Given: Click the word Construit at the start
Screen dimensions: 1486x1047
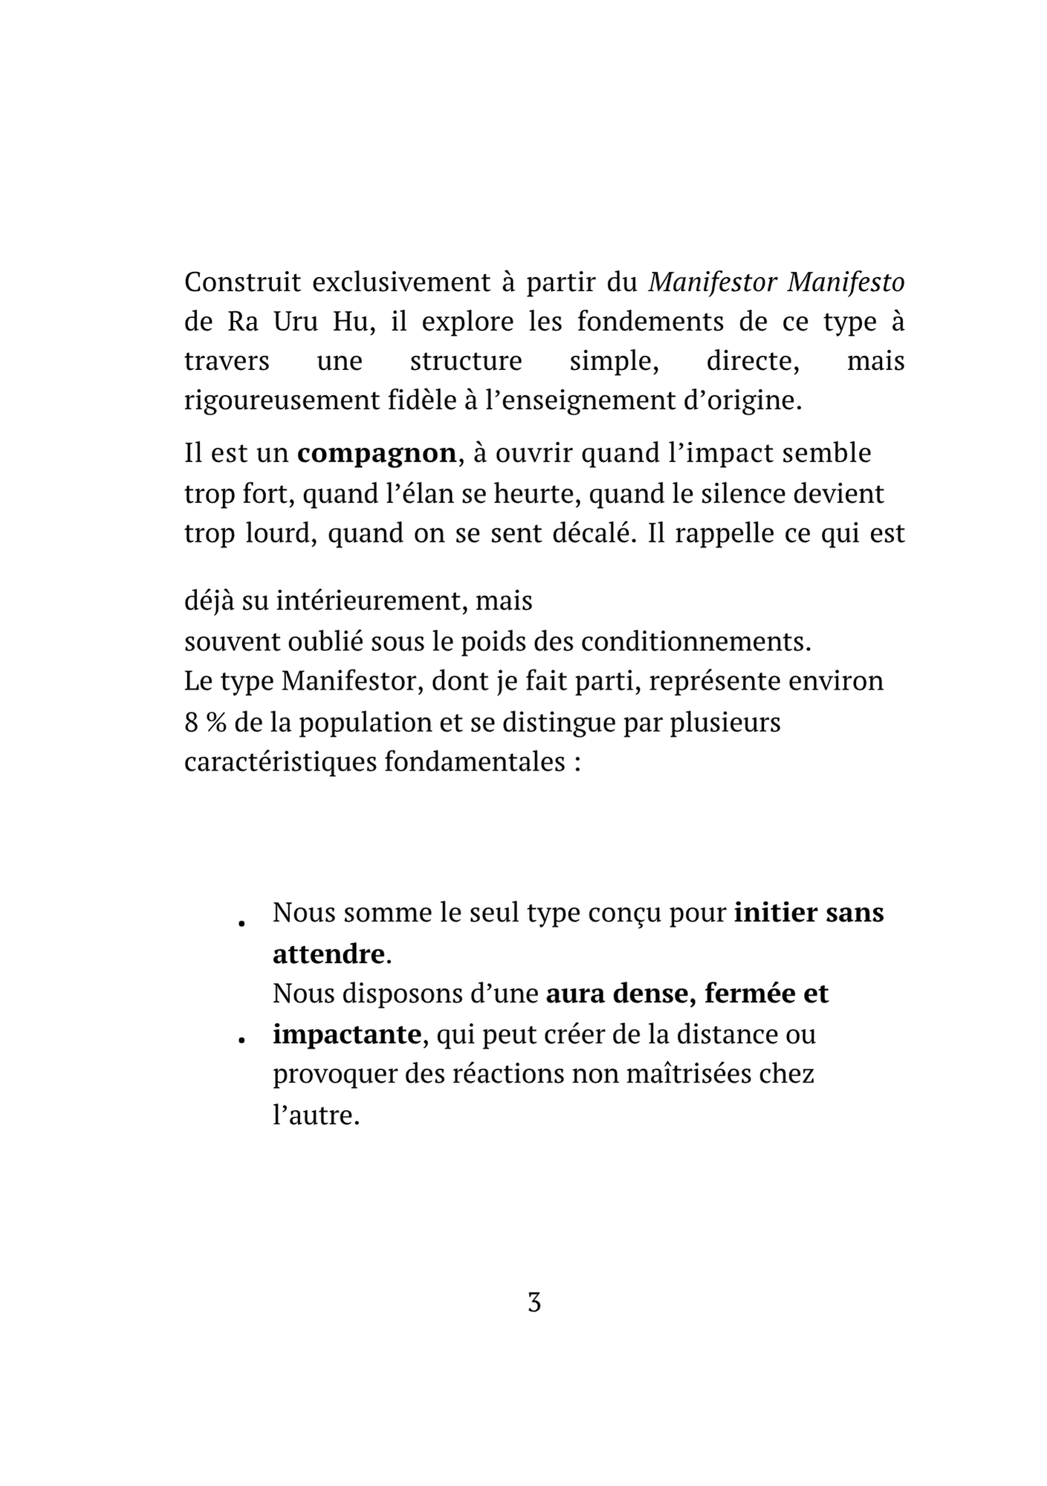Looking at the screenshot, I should tap(242, 282).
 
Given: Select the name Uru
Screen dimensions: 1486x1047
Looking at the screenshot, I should tap(296, 322).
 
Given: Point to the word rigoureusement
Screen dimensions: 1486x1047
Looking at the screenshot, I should tap(281, 401).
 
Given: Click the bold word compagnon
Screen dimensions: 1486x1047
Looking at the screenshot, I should tap(377, 453).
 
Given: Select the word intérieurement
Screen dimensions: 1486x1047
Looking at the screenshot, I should tap(369, 600).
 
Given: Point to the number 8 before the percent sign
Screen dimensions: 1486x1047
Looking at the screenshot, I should tap(191, 722).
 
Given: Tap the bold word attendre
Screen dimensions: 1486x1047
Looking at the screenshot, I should tap(328, 953).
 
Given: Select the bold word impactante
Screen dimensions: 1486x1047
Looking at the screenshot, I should tap(347, 1034).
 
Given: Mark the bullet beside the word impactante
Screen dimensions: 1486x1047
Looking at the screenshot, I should tap(242, 1040).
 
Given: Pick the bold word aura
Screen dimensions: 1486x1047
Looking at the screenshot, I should tap(576, 993).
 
